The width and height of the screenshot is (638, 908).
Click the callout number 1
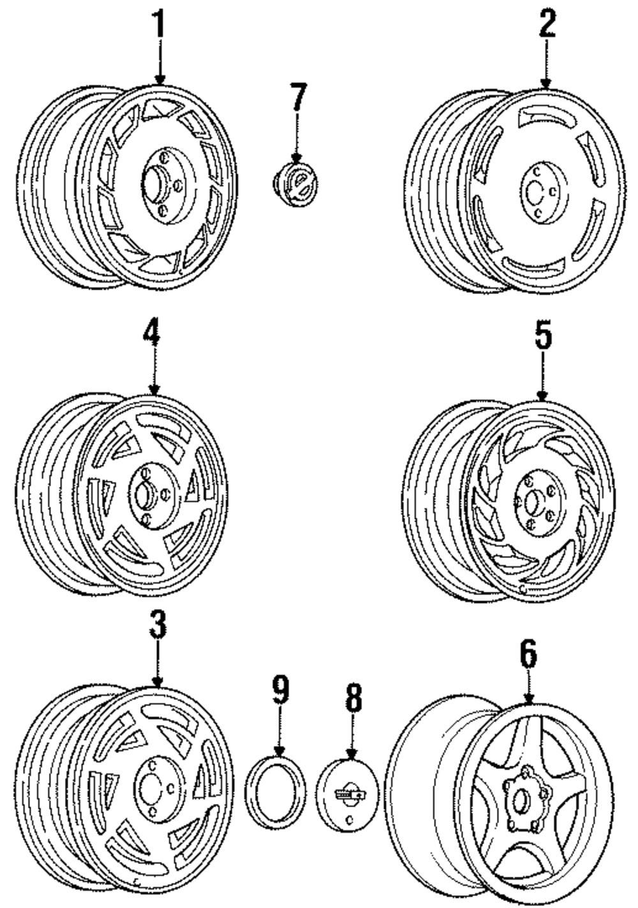click(158, 24)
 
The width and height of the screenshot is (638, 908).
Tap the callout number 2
click(546, 24)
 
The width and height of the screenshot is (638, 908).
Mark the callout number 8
click(353, 698)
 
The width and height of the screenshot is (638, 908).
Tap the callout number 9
click(280, 691)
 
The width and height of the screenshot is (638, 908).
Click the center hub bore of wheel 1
click(153, 181)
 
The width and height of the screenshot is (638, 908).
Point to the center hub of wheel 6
click(519, 802)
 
